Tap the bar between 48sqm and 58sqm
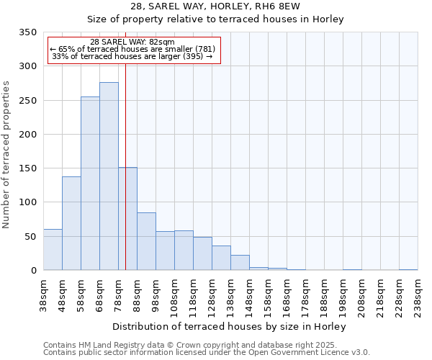[x=71, y=223]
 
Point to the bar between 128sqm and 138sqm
[x=221, y=258]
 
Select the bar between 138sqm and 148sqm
[x=240, y=263]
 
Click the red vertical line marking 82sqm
[x=125, y=144]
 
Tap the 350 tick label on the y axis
[x=28, y=32]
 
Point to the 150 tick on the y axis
[x=28, y=168]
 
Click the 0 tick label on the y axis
[x=34, y=271]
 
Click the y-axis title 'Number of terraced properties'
[x=7, y=154]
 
